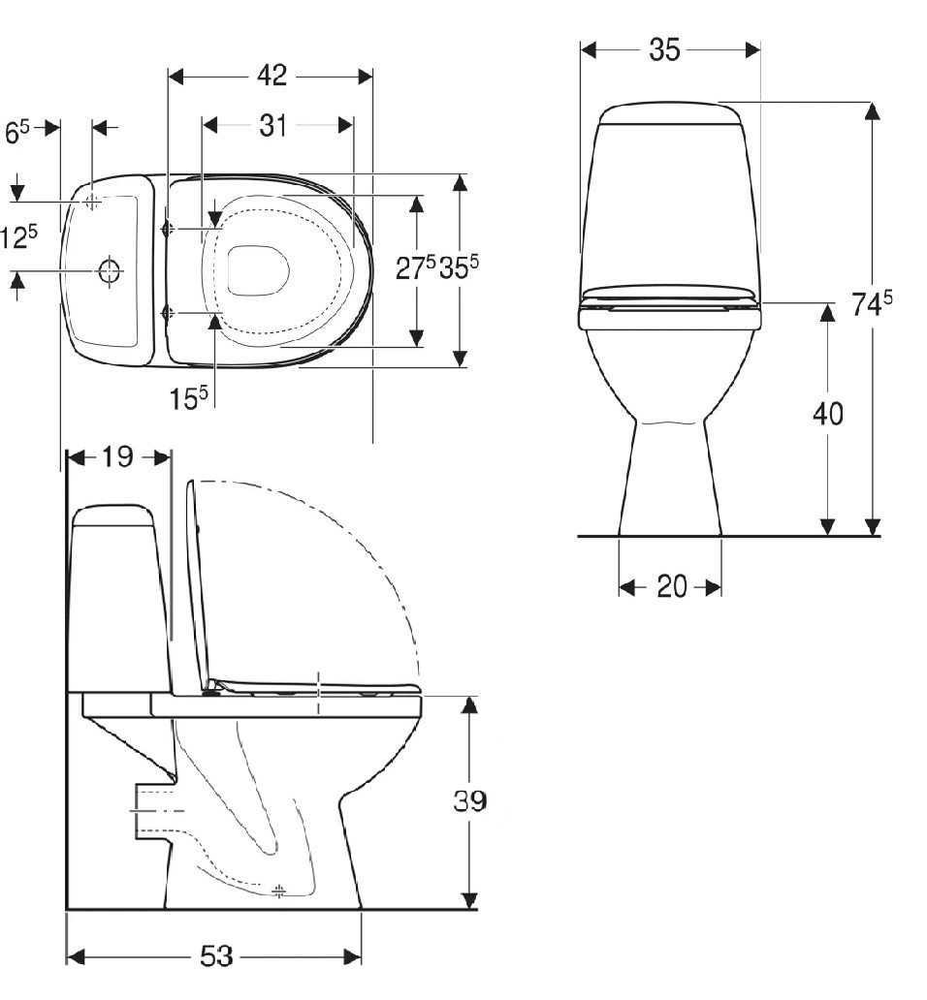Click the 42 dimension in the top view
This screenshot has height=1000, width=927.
[272, 76]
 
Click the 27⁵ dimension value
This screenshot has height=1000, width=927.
[415, 268]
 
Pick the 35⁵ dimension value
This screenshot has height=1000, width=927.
[460, 268]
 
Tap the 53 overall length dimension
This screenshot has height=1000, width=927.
[217, 956]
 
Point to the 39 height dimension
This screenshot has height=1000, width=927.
[470, 800]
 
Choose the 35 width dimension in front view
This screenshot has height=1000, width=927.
[664, 49]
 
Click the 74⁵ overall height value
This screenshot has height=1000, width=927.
[871, 304]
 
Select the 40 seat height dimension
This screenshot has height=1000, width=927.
[827, 415]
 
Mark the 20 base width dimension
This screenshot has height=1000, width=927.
[671, 586]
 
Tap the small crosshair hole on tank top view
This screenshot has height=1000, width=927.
[92, 202]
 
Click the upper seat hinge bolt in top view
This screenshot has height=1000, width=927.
[168, 229]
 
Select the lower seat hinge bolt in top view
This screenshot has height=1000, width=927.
[168, 313]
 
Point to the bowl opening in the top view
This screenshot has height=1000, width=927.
[259, 269]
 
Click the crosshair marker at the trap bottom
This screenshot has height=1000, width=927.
[279, 890]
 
